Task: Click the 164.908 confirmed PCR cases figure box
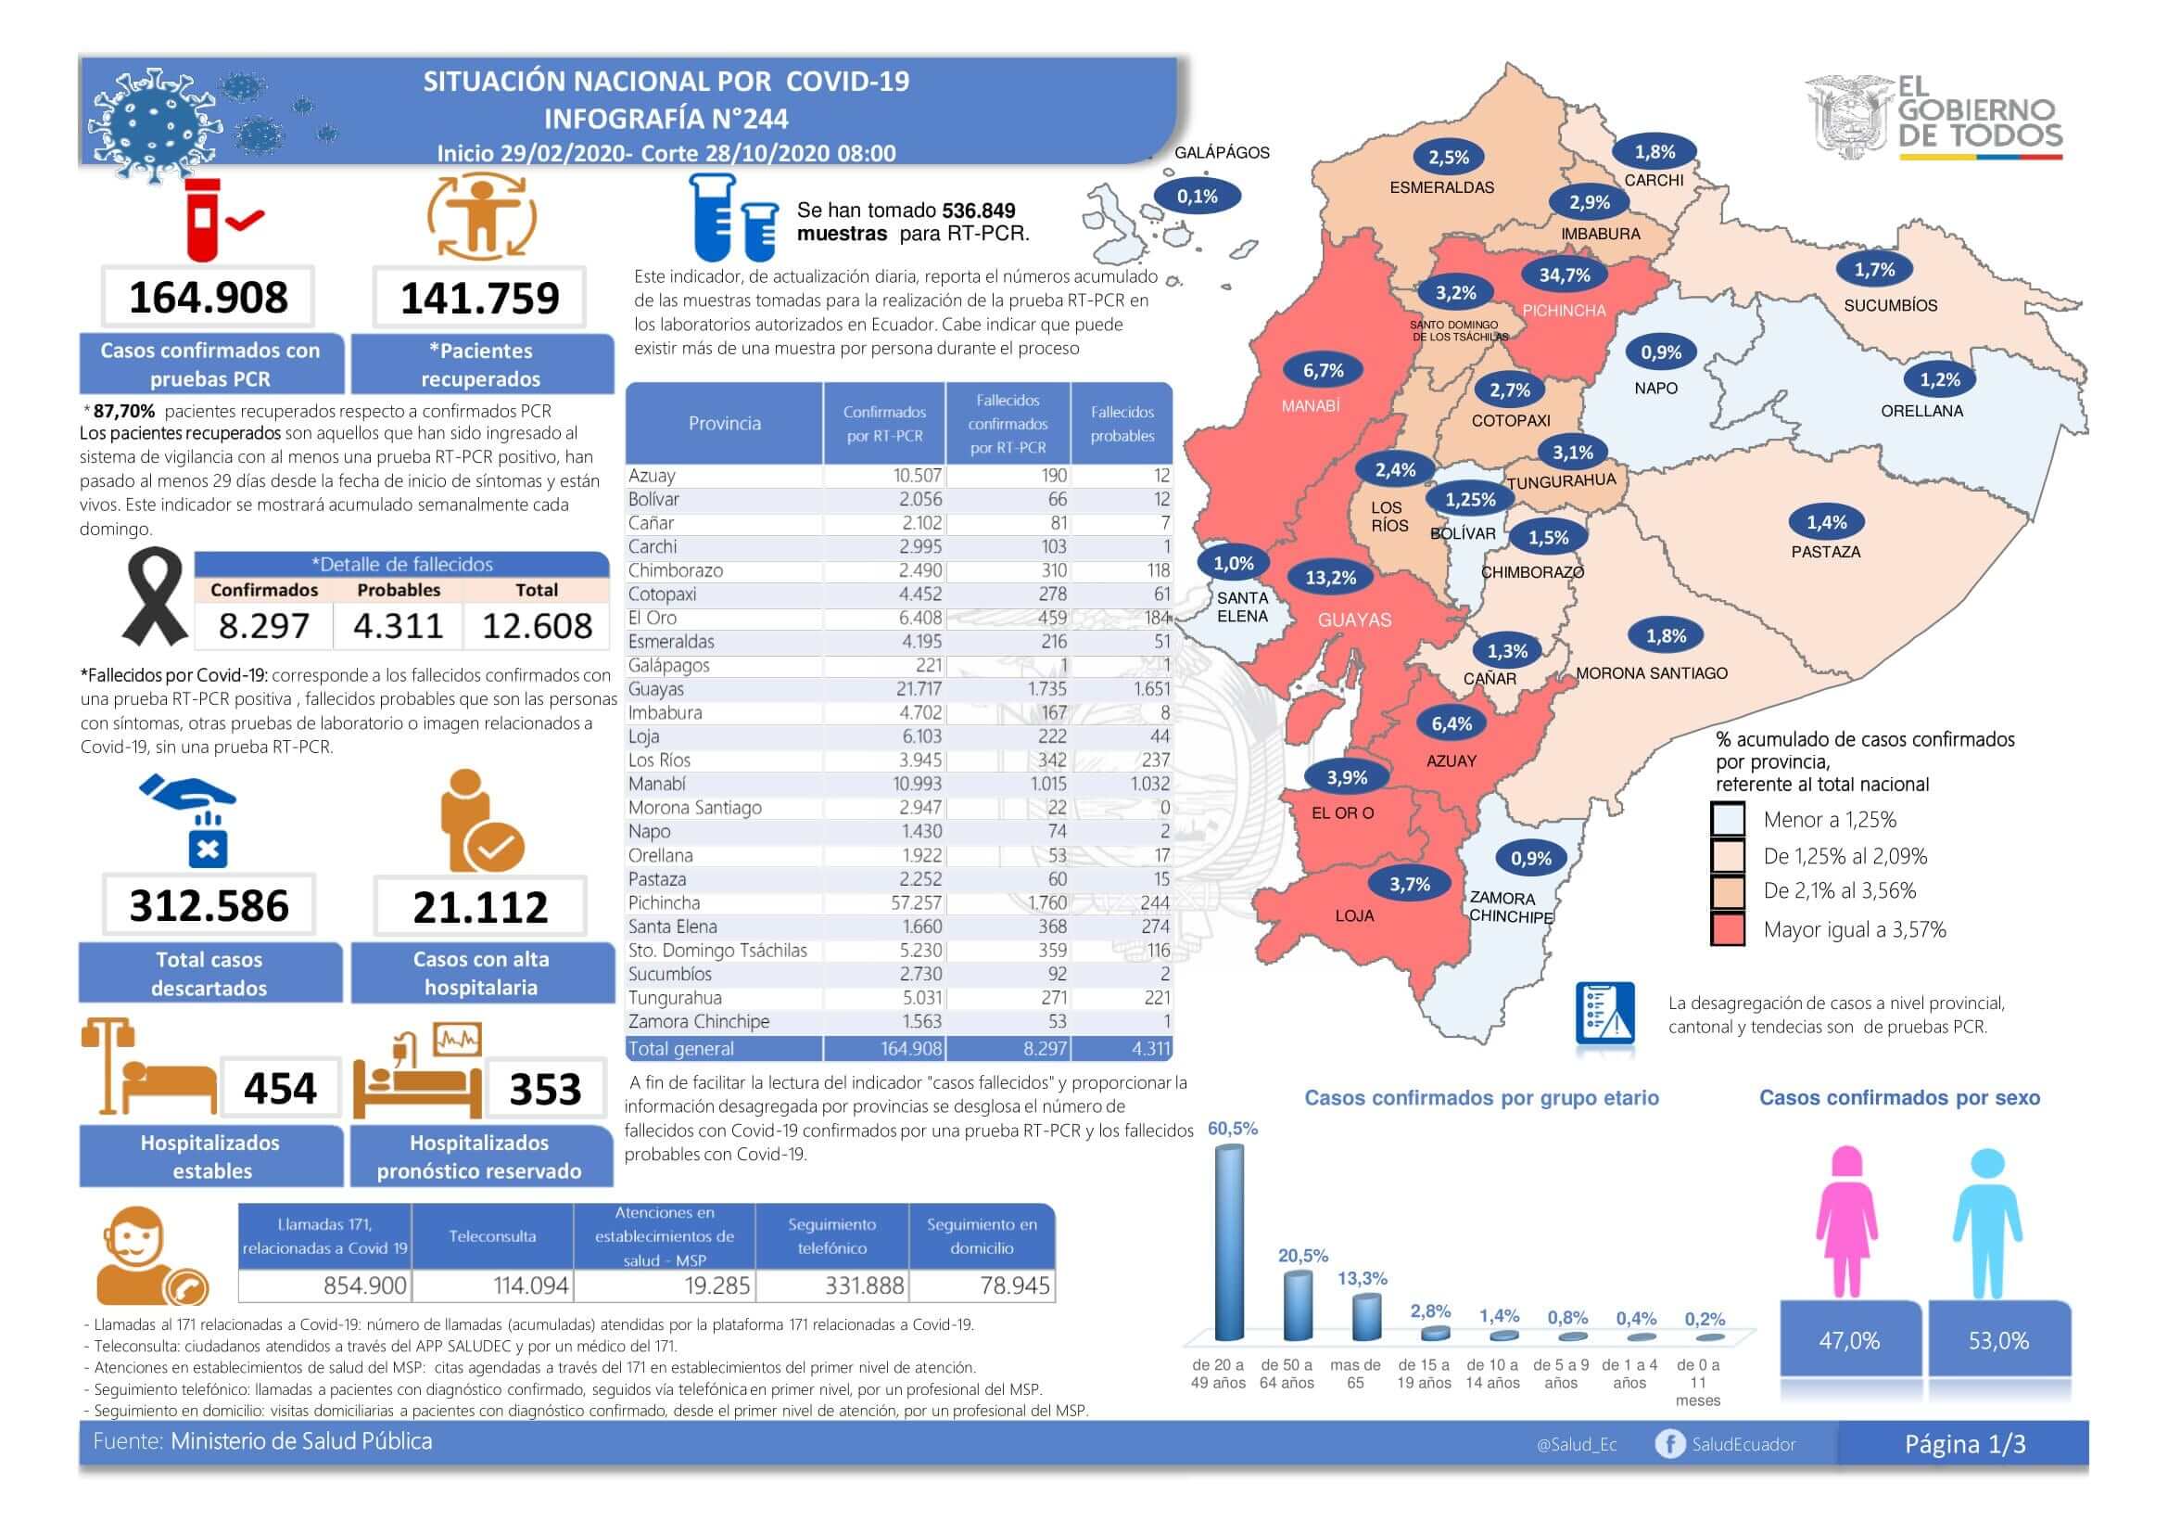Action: coord(208,298)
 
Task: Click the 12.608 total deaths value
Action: coord(538,626)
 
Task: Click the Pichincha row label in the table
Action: coord(665,903)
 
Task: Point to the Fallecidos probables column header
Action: coord(1122,424)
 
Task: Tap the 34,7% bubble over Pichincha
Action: coord(1565,275)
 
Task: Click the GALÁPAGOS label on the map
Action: coord(1222,153)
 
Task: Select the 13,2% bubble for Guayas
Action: coord(1330,578)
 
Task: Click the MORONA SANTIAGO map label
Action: coord(1652,673)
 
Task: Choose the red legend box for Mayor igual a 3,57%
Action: coord(1727,929)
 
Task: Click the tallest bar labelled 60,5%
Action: coord(1228,1242)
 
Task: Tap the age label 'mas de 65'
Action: coord(1355,1374)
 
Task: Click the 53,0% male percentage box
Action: coord(1998,1340)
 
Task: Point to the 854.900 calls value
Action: coord(364,1285)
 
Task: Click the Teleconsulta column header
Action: coord(492,1236)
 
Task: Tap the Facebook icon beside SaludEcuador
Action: coord(1669,1444)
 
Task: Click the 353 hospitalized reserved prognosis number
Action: coord(546,1089)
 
